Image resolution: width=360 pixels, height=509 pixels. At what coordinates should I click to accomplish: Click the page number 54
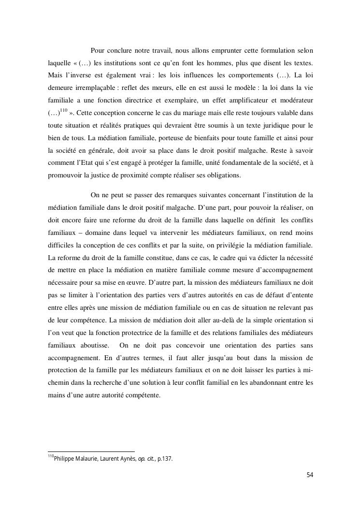310,475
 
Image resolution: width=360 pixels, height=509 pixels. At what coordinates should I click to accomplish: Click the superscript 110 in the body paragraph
63,111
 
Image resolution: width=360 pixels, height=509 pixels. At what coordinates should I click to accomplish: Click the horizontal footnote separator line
91,452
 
